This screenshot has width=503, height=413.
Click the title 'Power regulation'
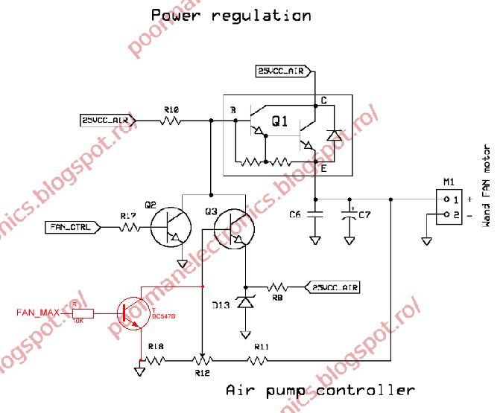231,15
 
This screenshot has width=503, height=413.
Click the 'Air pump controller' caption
320,390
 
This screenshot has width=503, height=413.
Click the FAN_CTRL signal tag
72,227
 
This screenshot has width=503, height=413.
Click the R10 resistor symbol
172,119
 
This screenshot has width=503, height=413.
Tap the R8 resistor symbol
278,286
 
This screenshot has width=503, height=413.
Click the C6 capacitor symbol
315,215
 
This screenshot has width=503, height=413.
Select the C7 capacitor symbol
348,215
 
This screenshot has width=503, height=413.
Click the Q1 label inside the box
280,121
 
